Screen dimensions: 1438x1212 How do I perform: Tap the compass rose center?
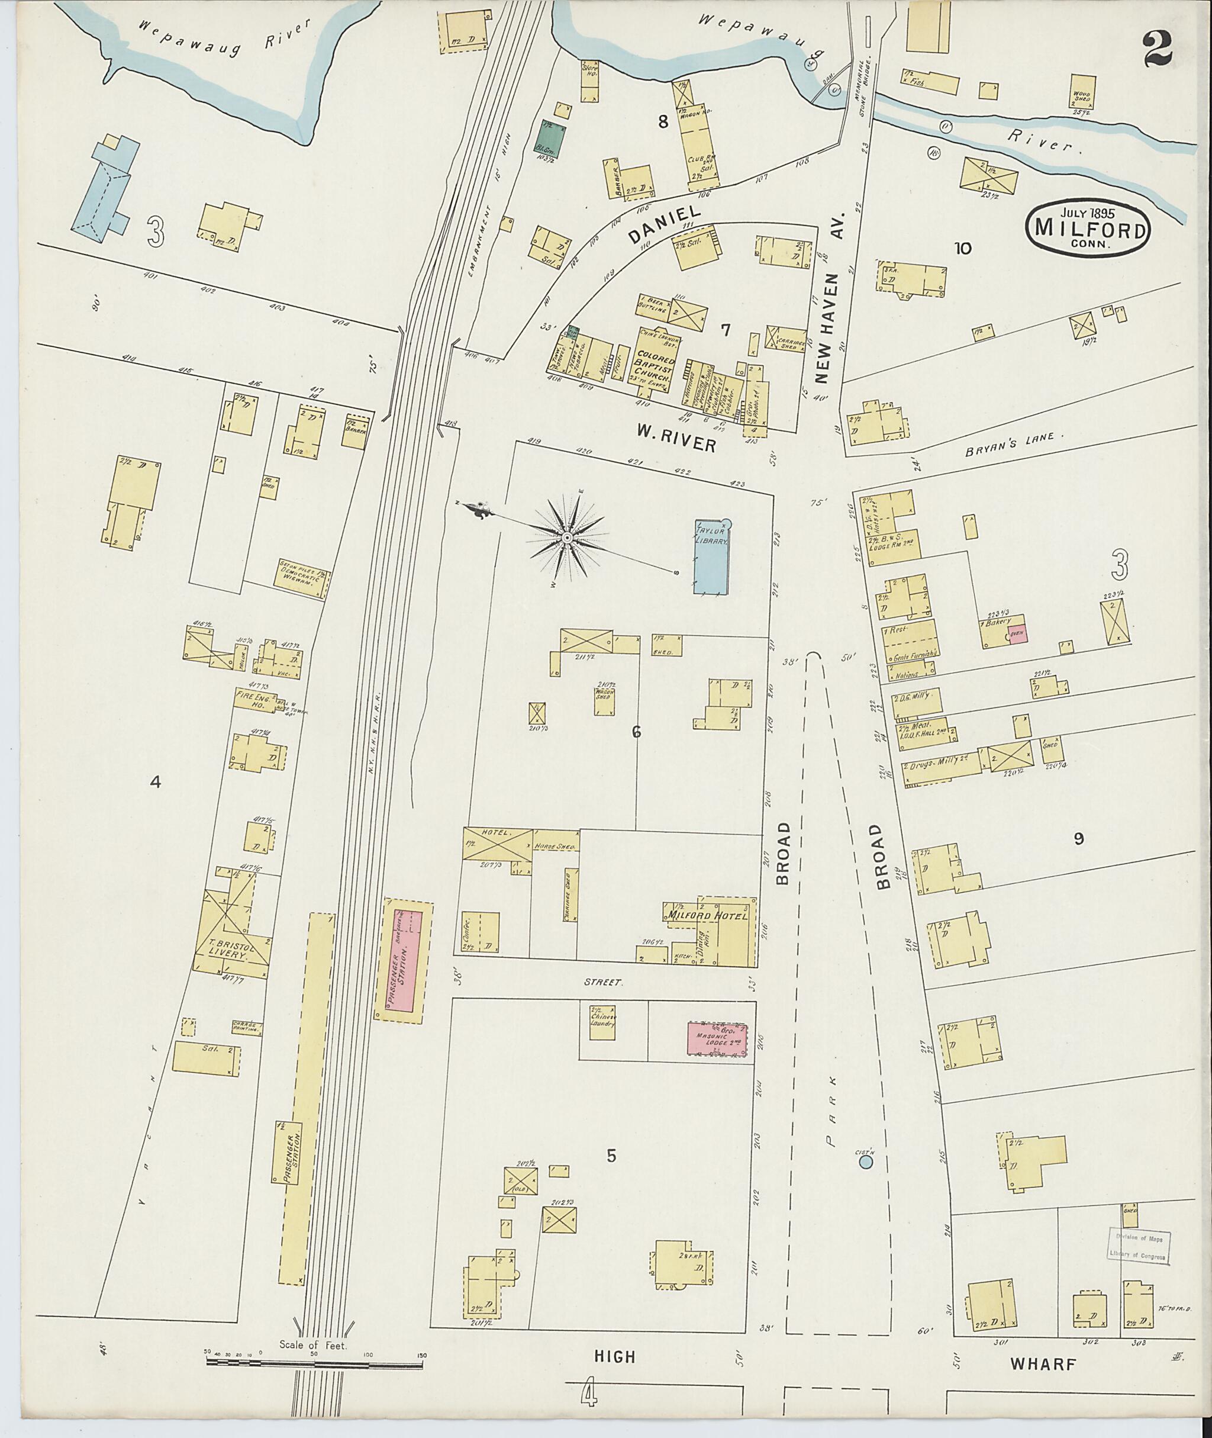(568, 537)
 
